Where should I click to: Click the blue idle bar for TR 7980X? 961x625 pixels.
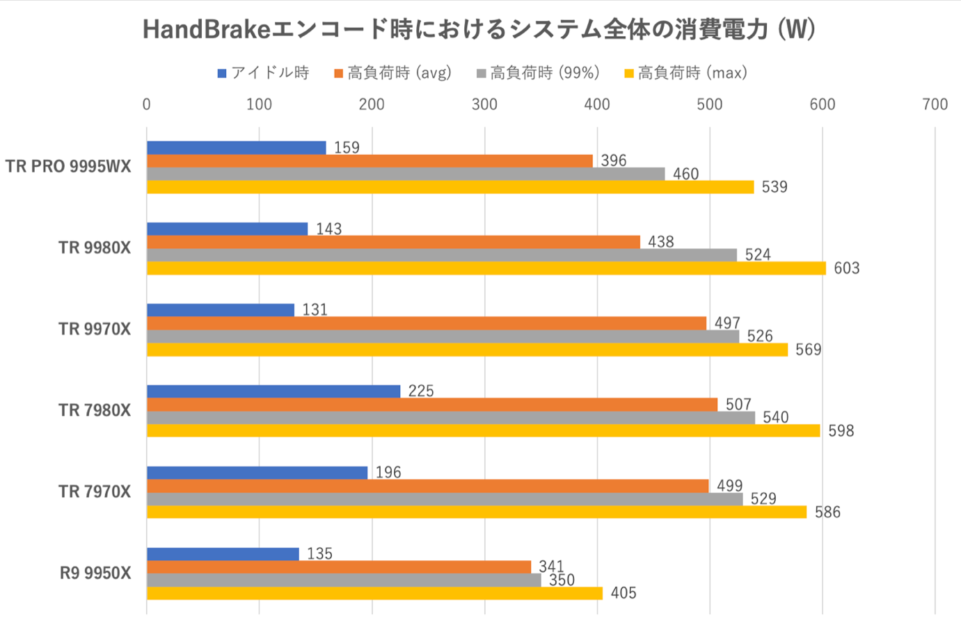pyautogui.click(x=273, y=391)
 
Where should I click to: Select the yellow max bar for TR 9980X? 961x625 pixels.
pyautogui.click(x=486, y=268)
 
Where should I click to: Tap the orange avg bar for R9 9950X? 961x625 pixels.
pyautogui.click(x=339, y=567)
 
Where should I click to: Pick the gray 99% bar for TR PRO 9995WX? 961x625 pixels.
pyautogui.click(x=406, y=174)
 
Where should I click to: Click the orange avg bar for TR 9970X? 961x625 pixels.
pyautogui.click(x=427, y=323)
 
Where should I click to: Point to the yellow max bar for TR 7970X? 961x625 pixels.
pyautogui.click(x=477, y=512)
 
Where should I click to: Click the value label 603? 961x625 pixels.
pyautogui.click(x=846, y=268)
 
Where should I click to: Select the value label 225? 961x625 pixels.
pyautogui.click(x=421, y=391)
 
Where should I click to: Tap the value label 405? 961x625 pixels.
pyautogui.click(x=623, y=593)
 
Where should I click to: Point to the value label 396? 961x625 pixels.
pyautogui.click(x=613, y=161)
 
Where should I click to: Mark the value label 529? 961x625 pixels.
pyautogui.click(x=763, y=499)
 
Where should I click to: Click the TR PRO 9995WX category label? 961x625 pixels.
pyautogui.click(x=68, y=167)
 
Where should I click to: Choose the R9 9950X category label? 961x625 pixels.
pyautogui.click(x=95, y=574)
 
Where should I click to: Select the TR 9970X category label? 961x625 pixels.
pyautogui.click(x=95, y=330)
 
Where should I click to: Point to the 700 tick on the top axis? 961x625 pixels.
pyautogui.click(x=935, y=104)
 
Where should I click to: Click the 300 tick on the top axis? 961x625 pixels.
pyautogui.click(x=484, y=104)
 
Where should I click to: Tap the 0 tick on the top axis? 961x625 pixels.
pyautogui.click(x=146, y=104)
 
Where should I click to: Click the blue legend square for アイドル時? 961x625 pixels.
pyautogui.click(x=222, y=74)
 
